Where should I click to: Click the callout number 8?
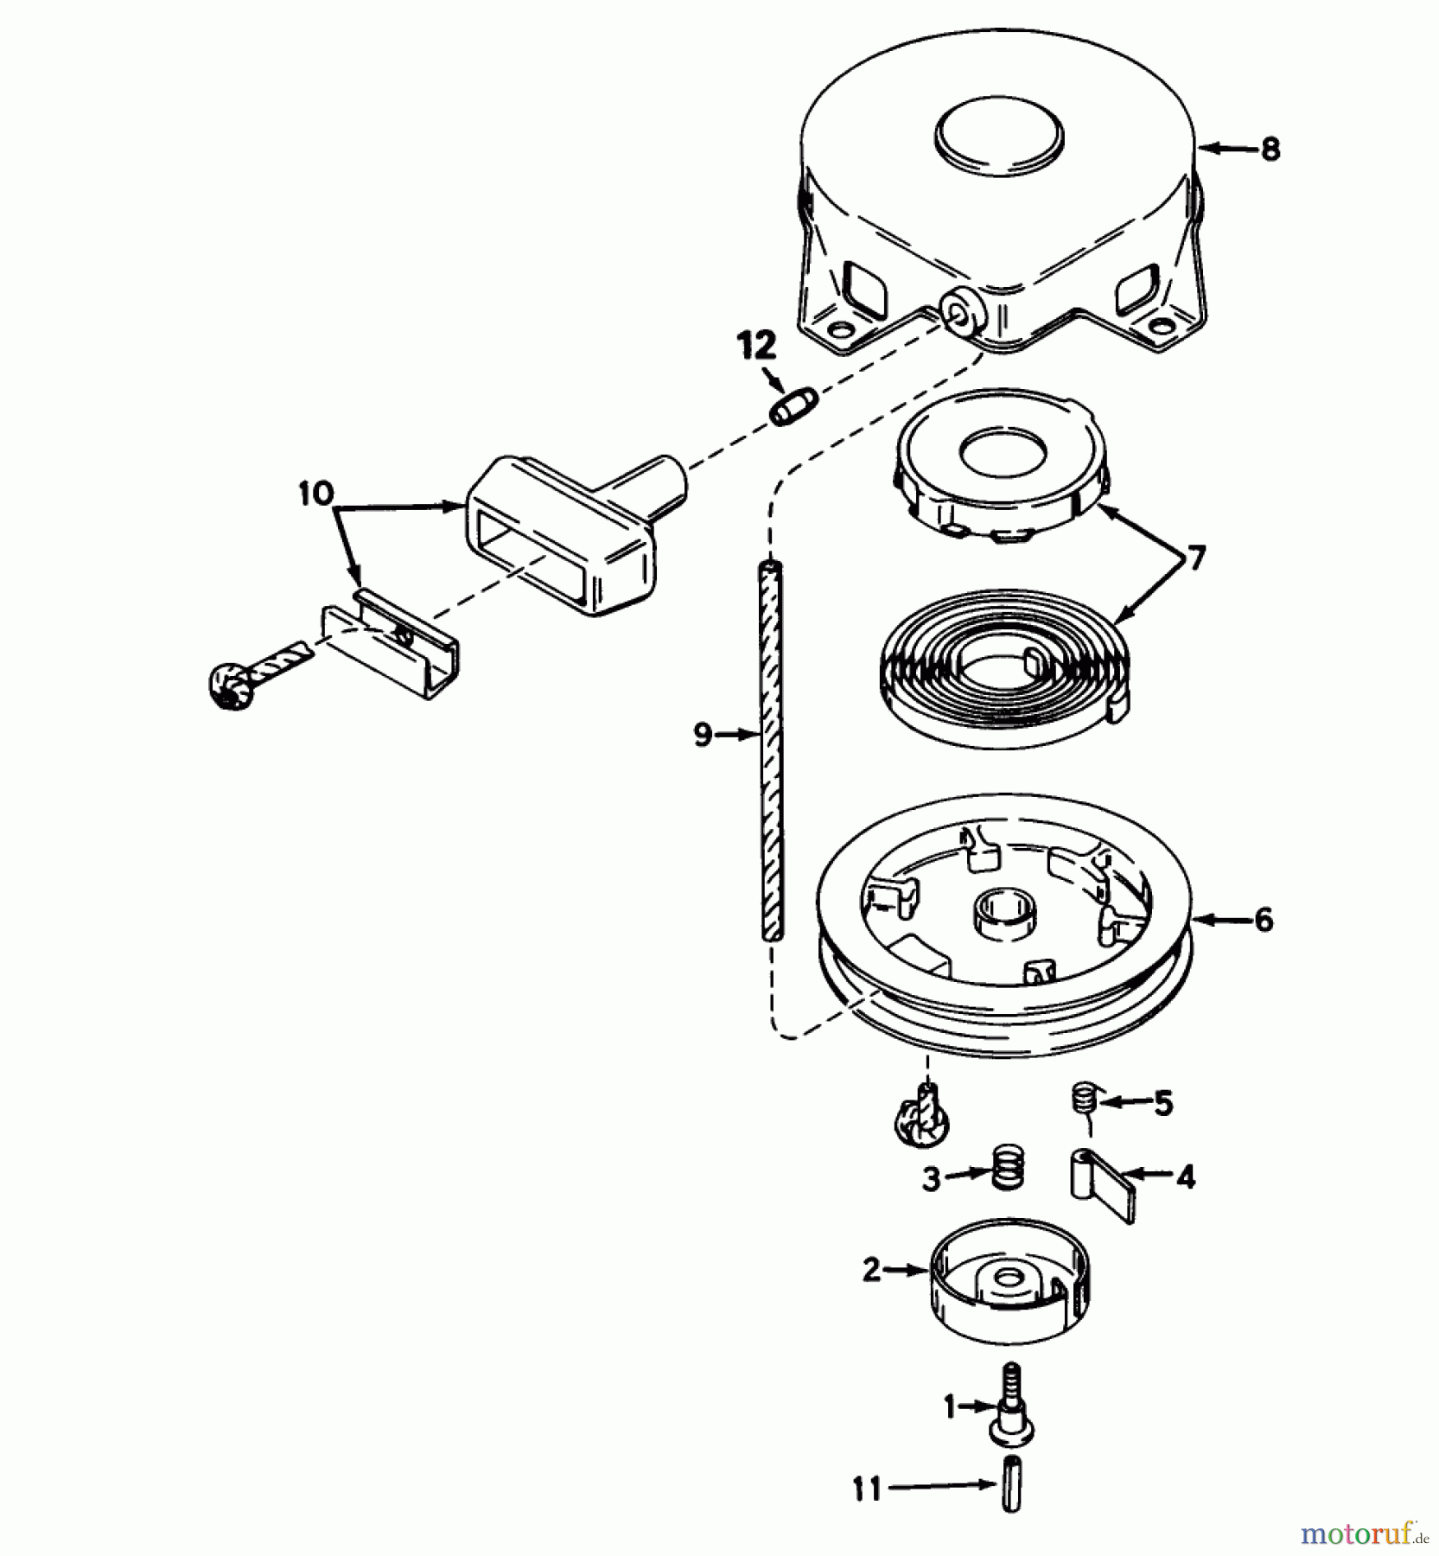tap(1269, 149)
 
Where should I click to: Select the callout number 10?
tap(315, 494)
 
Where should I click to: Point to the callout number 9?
tap(703, 735)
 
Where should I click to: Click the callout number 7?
tap(1195, 559)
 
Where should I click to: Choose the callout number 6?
tap(1263, 921)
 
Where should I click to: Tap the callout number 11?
tap(867, 1489)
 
